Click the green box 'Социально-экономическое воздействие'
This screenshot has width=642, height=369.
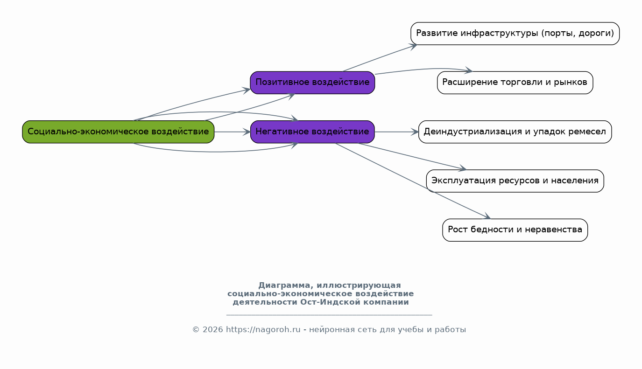pos(118,132)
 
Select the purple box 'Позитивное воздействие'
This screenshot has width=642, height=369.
pos(312,83)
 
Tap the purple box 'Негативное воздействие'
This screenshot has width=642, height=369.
pos(312,132)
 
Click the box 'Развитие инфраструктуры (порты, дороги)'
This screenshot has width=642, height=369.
pos(515,34)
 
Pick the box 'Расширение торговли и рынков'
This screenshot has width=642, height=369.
pos(515,83)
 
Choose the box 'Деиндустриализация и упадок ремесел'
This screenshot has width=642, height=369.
pos(515,132)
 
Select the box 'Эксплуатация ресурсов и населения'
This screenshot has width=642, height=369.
pos(515,181)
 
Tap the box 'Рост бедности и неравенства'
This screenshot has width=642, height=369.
pos(515,230)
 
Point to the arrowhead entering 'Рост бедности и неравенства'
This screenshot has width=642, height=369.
pos(487,217)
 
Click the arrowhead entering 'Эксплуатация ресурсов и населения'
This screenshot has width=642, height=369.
pos(463,168)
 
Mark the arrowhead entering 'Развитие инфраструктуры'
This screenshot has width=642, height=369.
pos(413,46)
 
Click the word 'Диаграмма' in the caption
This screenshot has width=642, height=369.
pos(284,285)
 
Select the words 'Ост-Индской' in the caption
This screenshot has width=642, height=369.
pos(330,302)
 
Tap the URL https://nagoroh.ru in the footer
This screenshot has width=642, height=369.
pos(263,330)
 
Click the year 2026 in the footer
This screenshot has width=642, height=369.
pos(212,330)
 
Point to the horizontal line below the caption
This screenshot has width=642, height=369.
pos(329,315)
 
